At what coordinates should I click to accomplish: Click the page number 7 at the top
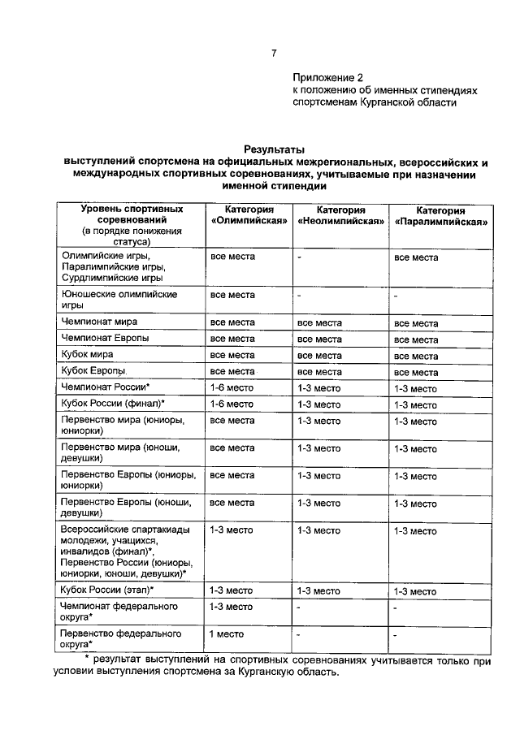pos(275,54)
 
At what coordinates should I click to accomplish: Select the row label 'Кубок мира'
pos(87,355)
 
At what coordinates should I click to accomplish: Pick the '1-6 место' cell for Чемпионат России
pos(232,388)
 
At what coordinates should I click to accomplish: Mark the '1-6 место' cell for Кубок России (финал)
pos(232,404)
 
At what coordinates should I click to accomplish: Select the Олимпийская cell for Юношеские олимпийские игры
pos(233,295)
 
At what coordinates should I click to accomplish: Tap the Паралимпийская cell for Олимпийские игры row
pos(416,258)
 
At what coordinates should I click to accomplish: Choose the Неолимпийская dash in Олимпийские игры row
pos(299,258)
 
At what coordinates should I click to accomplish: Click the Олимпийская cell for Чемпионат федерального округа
pos(232,607)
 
